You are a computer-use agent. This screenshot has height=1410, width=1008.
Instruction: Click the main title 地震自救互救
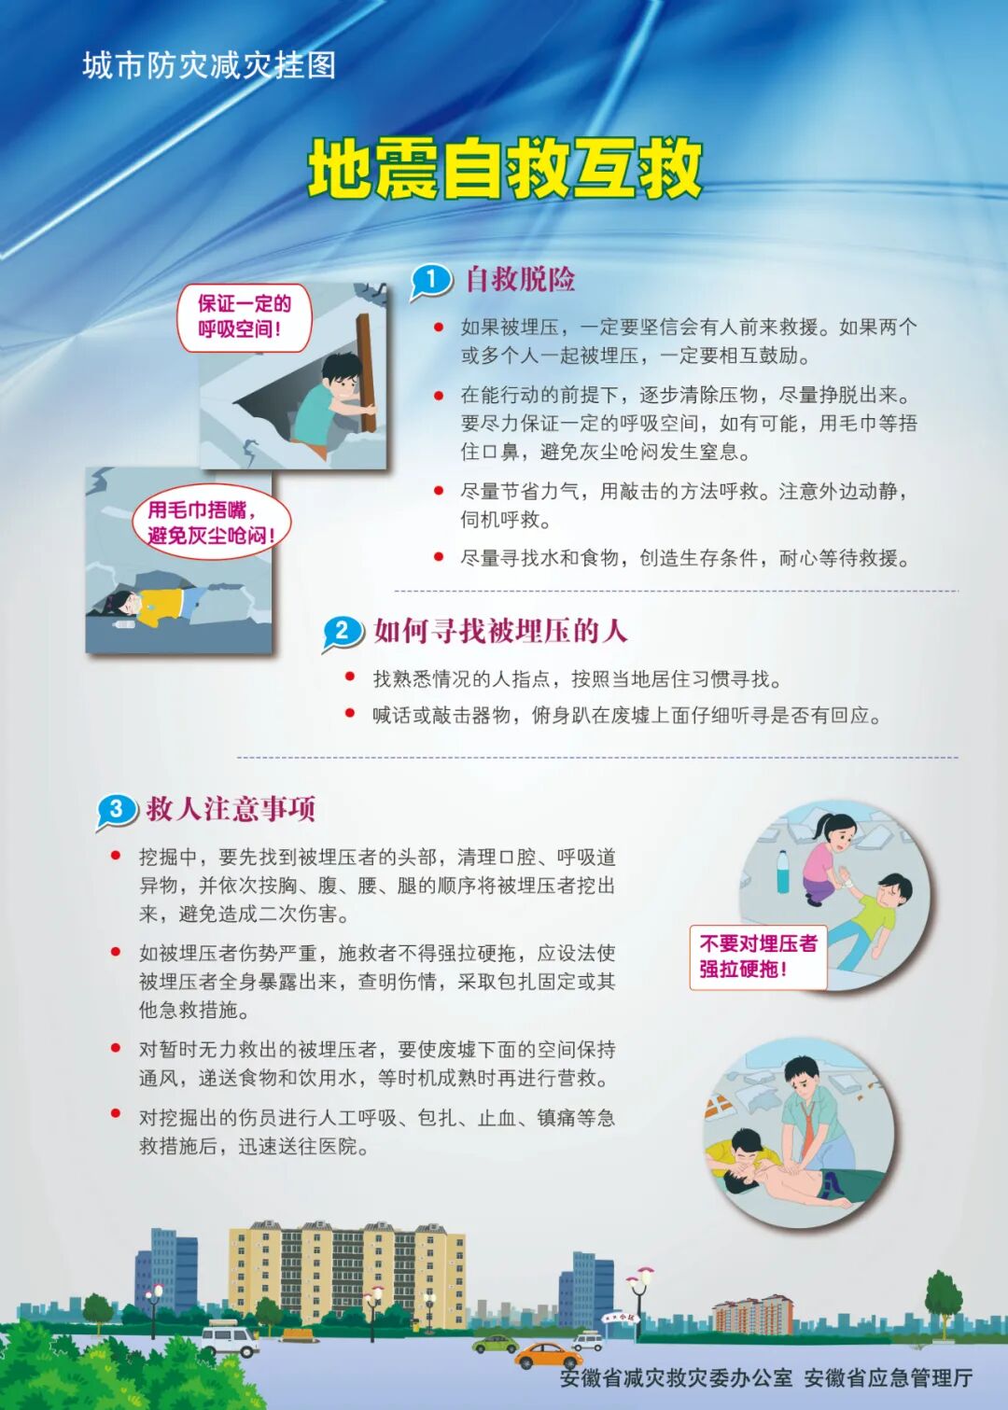(x=504, y=169)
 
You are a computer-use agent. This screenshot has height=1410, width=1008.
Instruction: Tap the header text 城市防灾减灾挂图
(x=209, y=65)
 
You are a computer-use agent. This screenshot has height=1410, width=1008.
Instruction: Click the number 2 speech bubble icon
(x=342, y=632)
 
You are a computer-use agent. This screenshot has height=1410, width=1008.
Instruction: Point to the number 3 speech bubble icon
(x=116, y=809)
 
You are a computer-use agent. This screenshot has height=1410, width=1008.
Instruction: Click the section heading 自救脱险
(x=520, y=279)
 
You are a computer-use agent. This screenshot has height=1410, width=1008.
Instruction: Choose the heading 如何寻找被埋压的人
(x=500, y=632)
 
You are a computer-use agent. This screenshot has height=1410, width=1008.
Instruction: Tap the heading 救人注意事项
(x=231, y=808)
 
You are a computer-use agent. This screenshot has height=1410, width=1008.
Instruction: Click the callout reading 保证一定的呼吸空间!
(x=245, y=316)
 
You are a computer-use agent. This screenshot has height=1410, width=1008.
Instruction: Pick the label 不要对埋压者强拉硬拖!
(x=758, y=956)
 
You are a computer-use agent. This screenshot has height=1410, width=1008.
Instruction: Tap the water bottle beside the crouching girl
(x=782, y=872)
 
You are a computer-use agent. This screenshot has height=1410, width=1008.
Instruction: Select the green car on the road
(x=495, y=1344)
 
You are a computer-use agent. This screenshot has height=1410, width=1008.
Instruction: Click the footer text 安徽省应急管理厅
(x=888, y=1378)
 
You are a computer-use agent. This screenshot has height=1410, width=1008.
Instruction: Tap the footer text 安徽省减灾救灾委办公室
(x=676, y=1378)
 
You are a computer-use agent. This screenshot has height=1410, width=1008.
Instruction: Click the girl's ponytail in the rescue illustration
(x=819, y=827)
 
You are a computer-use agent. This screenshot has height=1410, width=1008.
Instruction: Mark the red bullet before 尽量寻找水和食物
(x=439, y=557)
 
